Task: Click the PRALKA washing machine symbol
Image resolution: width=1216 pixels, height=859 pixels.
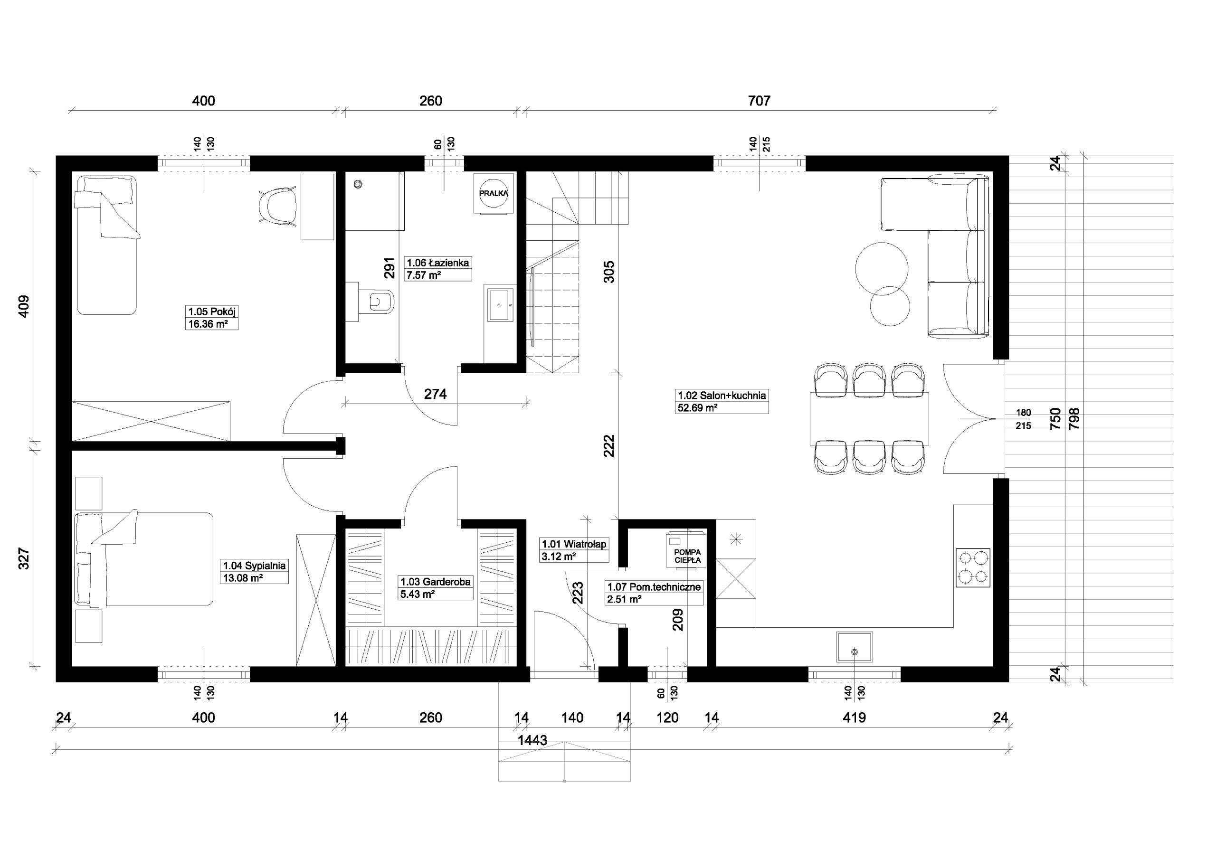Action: point(494,193)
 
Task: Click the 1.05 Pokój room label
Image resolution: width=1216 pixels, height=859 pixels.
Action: point(211,312)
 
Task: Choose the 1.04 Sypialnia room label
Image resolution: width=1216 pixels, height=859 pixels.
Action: point(254,566)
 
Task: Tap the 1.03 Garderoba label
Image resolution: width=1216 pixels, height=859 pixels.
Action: point(436,582)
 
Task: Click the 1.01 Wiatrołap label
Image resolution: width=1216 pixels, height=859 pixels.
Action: point(574,544)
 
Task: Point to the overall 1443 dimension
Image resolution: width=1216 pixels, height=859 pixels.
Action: point(532,740)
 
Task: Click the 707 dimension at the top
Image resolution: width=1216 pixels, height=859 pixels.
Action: point(759,101)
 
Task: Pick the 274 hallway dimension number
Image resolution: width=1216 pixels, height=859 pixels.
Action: point(436,394)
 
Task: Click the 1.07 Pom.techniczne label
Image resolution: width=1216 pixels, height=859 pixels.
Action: point(654,587)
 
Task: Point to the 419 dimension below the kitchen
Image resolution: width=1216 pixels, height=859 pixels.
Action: point(854,717)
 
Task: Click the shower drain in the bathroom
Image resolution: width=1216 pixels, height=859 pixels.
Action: point(359,184)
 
